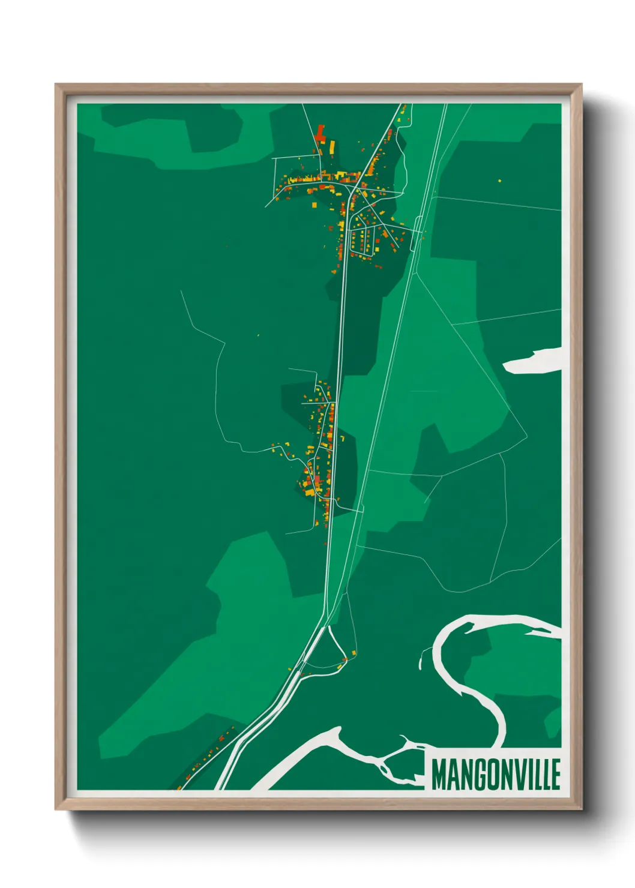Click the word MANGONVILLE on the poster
click(496, 775)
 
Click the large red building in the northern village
click(320, 133)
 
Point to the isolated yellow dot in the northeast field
click(499, 179)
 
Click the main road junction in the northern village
click(349, 188)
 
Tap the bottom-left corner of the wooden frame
click(59, 806)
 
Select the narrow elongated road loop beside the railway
click(417, 235)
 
